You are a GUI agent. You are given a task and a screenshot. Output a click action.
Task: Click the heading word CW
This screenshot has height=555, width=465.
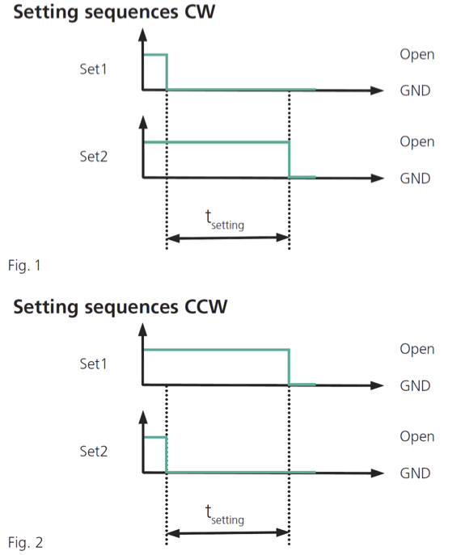pos(200,11)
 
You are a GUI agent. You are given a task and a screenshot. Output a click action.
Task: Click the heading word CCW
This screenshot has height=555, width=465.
pos(206,306)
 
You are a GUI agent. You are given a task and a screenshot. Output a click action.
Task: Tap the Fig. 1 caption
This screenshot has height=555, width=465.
pos(24,266)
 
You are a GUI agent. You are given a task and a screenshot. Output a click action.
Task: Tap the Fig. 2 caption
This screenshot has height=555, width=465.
pos(25,543)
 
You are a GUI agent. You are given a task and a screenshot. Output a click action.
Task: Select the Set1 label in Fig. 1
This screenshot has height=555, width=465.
pos(93,69)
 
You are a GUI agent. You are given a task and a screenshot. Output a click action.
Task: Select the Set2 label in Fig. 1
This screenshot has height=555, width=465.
pos(94,157)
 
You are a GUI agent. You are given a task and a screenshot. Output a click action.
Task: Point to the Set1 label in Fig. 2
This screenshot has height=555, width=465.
pos(93,364)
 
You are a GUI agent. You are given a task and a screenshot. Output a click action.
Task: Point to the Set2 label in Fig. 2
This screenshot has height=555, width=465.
pos(94,452)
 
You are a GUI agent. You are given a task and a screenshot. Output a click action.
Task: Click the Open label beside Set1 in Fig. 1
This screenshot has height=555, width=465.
pos(417,55)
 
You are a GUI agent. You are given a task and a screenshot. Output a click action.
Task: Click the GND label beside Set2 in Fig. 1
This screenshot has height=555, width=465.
pos(416,179)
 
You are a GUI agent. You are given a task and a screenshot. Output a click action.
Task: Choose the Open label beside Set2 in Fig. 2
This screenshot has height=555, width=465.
pos(417,437)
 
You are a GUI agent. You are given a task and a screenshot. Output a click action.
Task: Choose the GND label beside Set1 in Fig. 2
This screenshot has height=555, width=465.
pos(416,386)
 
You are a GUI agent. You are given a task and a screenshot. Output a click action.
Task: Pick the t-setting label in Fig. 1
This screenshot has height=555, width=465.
pos(225,221)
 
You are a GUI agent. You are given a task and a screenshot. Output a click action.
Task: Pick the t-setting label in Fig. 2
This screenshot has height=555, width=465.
pos(225,515)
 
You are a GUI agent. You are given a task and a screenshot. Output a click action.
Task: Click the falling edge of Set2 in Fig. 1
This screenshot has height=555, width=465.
pos(290,160)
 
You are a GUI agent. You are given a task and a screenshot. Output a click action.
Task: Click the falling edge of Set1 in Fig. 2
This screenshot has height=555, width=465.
pos(290,367)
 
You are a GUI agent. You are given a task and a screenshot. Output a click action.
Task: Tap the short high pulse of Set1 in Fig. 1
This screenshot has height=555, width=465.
pos(155,55)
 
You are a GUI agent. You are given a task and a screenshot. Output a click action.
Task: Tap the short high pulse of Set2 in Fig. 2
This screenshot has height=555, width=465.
pos(155,438)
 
